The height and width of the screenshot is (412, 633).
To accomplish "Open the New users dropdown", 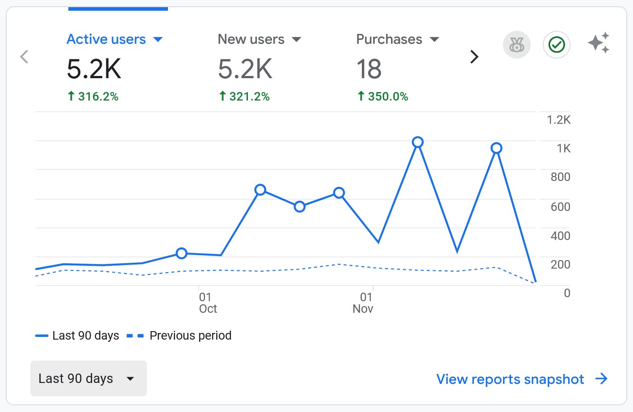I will point(296,39).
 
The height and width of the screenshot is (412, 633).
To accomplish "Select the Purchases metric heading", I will point(389,39).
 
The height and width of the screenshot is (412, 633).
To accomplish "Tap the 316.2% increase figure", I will point(93,97).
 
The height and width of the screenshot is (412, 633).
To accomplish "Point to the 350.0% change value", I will point(383,97).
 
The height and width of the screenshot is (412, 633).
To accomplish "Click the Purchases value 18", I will point(369,69).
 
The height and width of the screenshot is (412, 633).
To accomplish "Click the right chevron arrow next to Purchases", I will point(474,57).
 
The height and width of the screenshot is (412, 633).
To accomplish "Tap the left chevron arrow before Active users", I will point(24,57).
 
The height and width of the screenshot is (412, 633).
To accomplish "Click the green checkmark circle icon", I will point(557,45).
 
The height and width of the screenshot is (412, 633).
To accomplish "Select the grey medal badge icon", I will point(517,45).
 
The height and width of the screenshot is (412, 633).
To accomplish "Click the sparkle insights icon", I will point(599,43).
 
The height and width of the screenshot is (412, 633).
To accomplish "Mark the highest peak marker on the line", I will point(418,142).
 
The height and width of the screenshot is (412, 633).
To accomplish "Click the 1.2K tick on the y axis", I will point(558,120).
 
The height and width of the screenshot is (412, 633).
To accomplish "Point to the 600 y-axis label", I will point(560,206).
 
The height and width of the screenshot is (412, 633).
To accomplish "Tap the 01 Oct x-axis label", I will point(207,303).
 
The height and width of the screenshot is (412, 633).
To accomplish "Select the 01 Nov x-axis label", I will point(363,303).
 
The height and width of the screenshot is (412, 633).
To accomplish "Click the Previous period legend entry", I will point(179,336).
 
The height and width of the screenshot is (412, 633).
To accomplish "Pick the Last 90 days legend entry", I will point(77,336).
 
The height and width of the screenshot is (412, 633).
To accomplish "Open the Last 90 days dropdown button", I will point(88,378).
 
